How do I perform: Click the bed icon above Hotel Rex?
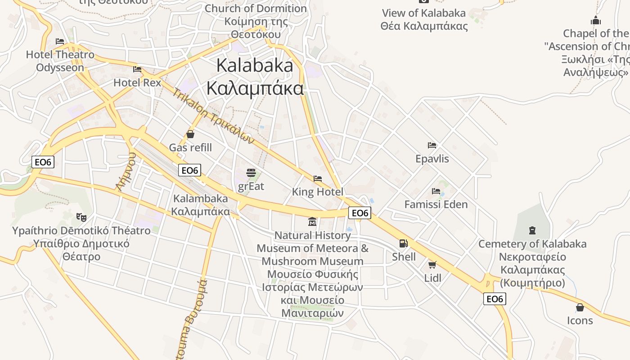[x=137, y=69]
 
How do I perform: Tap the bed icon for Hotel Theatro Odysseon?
[x=60, y=41]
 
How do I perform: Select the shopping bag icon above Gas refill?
[x=190, y=134]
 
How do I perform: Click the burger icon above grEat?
[x=251, y=173]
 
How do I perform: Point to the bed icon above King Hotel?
[x=318, y=179]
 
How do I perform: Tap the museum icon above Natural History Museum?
[x=312, y=221]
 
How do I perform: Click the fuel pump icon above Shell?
[x=404, y=243]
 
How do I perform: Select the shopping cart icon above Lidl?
[x=432, y=265]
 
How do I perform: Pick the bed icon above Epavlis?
[x=432, y=145]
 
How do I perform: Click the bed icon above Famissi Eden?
[x=436, y=191]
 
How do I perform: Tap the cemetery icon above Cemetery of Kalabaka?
[x=532, y=230]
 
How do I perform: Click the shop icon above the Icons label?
[x=580, y=307]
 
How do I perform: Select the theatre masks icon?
[x=81, y=217]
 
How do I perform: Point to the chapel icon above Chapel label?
[x=596, y=20]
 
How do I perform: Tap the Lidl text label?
[x=433, y=278]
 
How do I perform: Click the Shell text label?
[x=404, y=257]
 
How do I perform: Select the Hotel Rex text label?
[x=137, y=82]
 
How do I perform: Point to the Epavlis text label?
[x=432, y=159]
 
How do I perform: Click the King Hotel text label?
[x=318, y=192]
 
